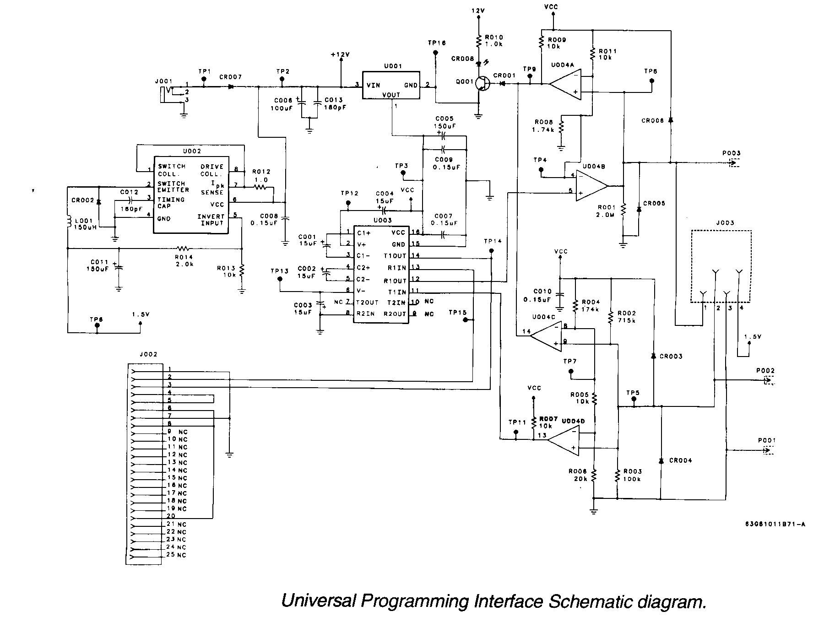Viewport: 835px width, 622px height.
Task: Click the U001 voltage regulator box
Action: [x=391, y=85]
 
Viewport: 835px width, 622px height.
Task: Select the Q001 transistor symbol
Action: [x=482, y=84]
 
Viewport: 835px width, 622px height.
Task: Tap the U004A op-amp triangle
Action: [x=565, y=84]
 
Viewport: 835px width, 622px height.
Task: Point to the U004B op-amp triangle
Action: [x=591, y=186]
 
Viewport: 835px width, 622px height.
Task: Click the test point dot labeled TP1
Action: [x=204, y=79]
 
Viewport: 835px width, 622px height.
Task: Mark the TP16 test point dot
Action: [x=435, y=53]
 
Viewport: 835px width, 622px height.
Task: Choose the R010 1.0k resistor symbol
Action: [x=478, y=42]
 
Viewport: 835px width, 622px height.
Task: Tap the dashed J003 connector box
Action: [x=721, y=266]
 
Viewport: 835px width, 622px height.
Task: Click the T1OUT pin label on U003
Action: [x=395, y=256]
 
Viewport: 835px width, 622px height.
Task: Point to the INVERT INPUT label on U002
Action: [x=211, y=220]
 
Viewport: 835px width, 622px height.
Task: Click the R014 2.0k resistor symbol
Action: [x=183, y=249]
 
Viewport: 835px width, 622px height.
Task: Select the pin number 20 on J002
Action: [x=171, y=516]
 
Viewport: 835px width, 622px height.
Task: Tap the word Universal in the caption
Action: [x=318, y=600]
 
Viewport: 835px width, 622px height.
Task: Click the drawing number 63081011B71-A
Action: [x=775, y=525]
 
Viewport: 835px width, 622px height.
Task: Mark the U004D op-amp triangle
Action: [x=564, y=440]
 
